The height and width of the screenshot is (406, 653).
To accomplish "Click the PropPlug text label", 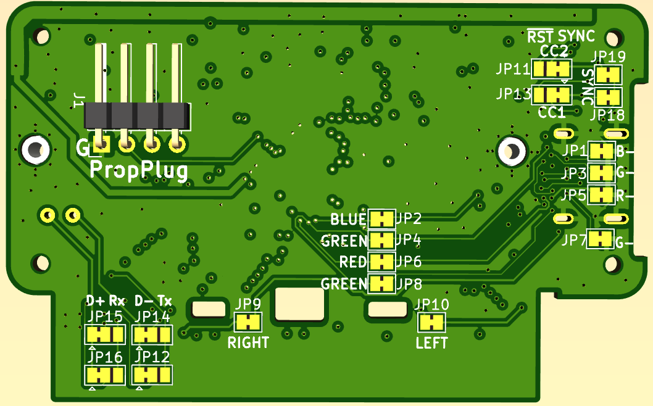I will click(x=139, y=170).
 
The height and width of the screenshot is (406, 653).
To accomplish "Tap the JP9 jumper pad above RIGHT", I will click(x=248, y=321).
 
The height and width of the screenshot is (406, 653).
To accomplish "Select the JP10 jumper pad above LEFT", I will click(x=431, y=322).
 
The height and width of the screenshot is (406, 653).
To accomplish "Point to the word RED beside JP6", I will click(x=353, y=262).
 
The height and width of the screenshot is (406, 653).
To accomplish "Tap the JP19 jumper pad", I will click(x=609, y=75).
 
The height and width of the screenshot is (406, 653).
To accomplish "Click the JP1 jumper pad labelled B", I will click(x=602, y=151).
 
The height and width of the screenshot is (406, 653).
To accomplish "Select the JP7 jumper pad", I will click(x=599, y=239).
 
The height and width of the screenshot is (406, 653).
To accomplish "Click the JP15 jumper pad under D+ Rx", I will click(x=104, y=335).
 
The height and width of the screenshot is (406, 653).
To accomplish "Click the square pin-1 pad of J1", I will click(x=101, y=146).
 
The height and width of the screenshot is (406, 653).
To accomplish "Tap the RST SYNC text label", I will click(x=561, y=36).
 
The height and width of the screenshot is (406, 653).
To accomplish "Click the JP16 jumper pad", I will click(x=104, y=375).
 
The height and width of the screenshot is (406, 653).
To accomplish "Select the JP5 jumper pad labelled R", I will click(x=602, y=194).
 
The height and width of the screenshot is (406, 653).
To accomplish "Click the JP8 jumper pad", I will click(x=382, y=284).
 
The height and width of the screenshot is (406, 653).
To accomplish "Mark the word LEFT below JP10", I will click(x=431, y=343).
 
